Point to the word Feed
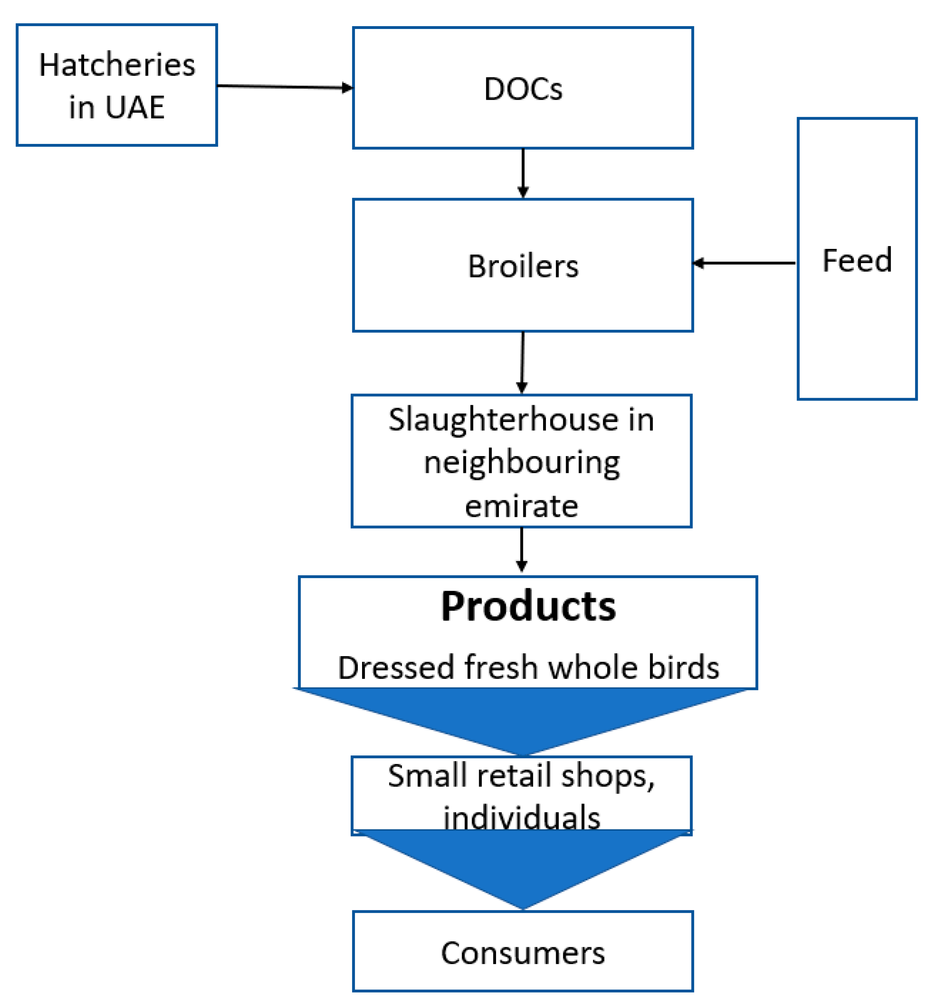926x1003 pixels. point(856,261)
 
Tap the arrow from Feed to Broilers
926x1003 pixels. point(744,263)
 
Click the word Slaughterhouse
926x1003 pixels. point(503,420)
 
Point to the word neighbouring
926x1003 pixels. point(522,462)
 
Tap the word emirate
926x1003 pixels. point(521,506)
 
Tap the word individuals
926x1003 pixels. point(522,818)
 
